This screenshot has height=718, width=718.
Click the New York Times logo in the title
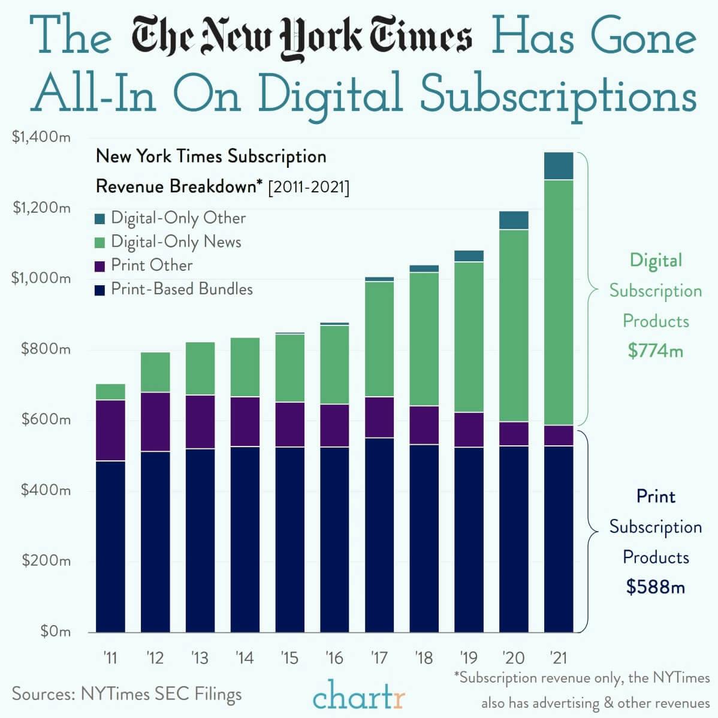(x=301, y=38)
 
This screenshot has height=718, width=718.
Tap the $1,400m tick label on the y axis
(x=41, y=137)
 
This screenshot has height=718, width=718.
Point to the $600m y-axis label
(x=46, y=420)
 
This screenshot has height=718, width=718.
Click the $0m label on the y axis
(x=55, y=631)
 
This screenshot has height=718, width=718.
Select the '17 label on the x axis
(x=379, y=658)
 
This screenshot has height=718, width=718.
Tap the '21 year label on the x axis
(x=558, y=658)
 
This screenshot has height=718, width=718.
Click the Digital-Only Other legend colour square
(x=100, y=219)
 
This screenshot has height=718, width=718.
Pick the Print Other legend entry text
(x=152, y=266)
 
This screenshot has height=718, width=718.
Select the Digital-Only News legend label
(x=176, y=242)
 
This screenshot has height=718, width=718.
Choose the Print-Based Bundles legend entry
(x=182, y=289)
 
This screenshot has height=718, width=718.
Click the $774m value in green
(x=655, y=351)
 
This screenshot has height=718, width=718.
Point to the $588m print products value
(x=655, y=587)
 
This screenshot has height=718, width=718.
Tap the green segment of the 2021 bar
(x=559, y=303)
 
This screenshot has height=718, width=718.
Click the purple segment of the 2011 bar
(x=110, y=430)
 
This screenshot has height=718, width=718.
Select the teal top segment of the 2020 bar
(x=514, y=221)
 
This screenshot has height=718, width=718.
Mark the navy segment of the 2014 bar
(x=245, y=539)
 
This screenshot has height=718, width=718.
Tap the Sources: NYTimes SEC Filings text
(x=126, y=694)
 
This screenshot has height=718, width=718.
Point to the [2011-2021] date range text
(x=309, y=187)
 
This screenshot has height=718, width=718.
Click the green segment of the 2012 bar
(x=155, y=372)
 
